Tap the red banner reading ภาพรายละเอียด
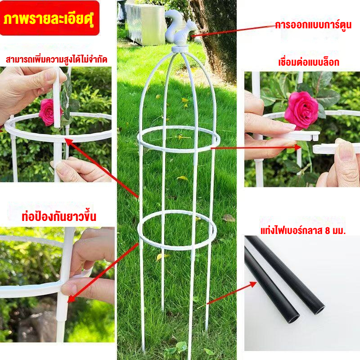tap(49, 18)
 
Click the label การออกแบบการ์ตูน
tap(313, 25)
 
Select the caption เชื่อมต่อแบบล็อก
tap(309, 62)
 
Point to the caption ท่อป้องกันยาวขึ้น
tap(59, 217)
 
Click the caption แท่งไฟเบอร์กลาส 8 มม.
tap(303, 230)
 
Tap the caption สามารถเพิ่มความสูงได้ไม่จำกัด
tap(57, 59)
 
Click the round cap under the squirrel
tap(180, 49)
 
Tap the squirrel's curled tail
tap(172, 23)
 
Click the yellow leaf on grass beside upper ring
tap(182, 178)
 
